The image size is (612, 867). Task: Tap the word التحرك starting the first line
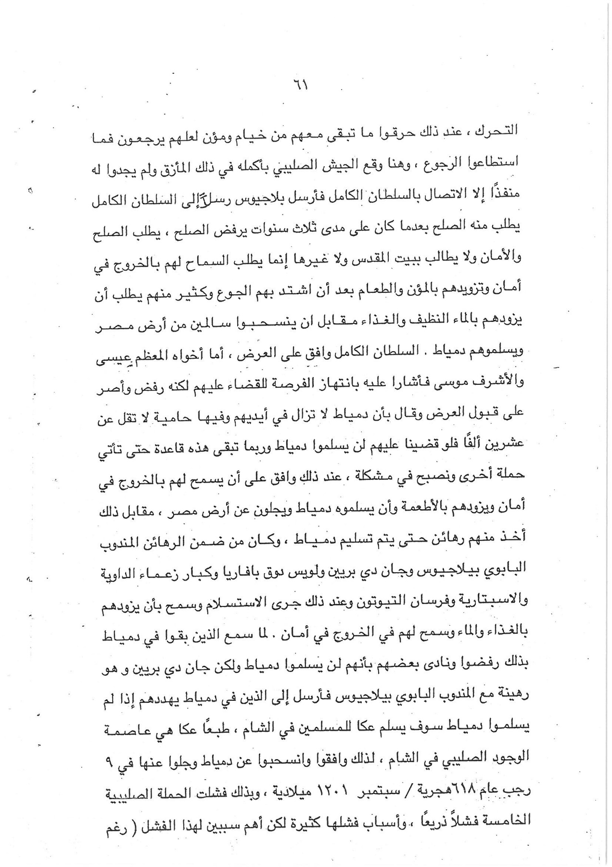(500, 130)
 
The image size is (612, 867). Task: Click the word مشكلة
(377, 475)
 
